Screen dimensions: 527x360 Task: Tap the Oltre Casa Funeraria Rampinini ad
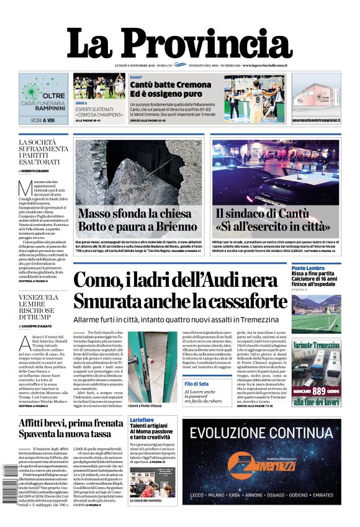click(x=43, y=99)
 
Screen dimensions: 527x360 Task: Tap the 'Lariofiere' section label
click(x=142, y=421)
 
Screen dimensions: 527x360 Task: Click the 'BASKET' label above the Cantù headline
click(x=137, y=76)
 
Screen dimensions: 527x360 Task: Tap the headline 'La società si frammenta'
click(x=43, y=151)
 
